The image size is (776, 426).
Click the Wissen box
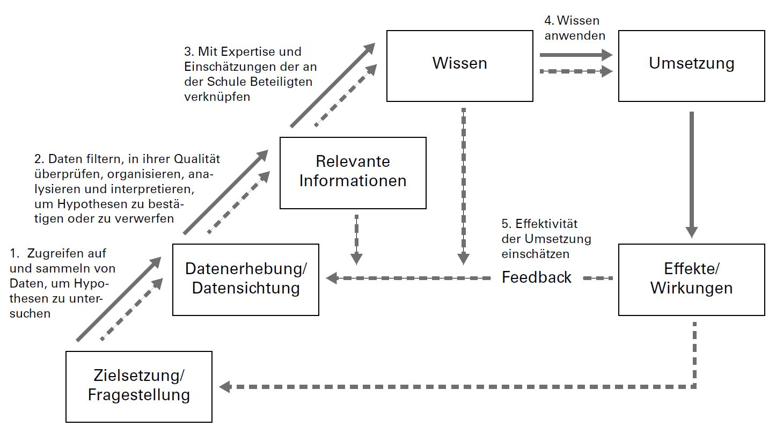coord(460,65)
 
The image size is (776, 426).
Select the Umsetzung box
coord(691,65)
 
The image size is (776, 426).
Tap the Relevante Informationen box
coord(353,172)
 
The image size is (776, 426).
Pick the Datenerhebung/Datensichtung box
coord(245,279)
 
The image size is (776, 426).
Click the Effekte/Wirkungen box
coord(691,279)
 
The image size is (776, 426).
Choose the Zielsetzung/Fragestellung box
coord(138,386)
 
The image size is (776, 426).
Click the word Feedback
coord(536,277)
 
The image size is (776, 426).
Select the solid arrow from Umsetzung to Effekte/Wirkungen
coord(692,172)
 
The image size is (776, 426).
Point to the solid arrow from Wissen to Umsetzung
coord(574,55)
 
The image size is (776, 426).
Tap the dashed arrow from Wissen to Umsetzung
coord(574,71)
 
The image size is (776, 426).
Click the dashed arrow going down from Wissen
coord(463,182)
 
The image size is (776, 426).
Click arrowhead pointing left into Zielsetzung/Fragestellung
coord(225,386)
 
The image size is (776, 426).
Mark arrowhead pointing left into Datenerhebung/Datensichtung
coord(332,278)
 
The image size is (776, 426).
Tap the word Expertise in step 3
coord(245,52)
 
